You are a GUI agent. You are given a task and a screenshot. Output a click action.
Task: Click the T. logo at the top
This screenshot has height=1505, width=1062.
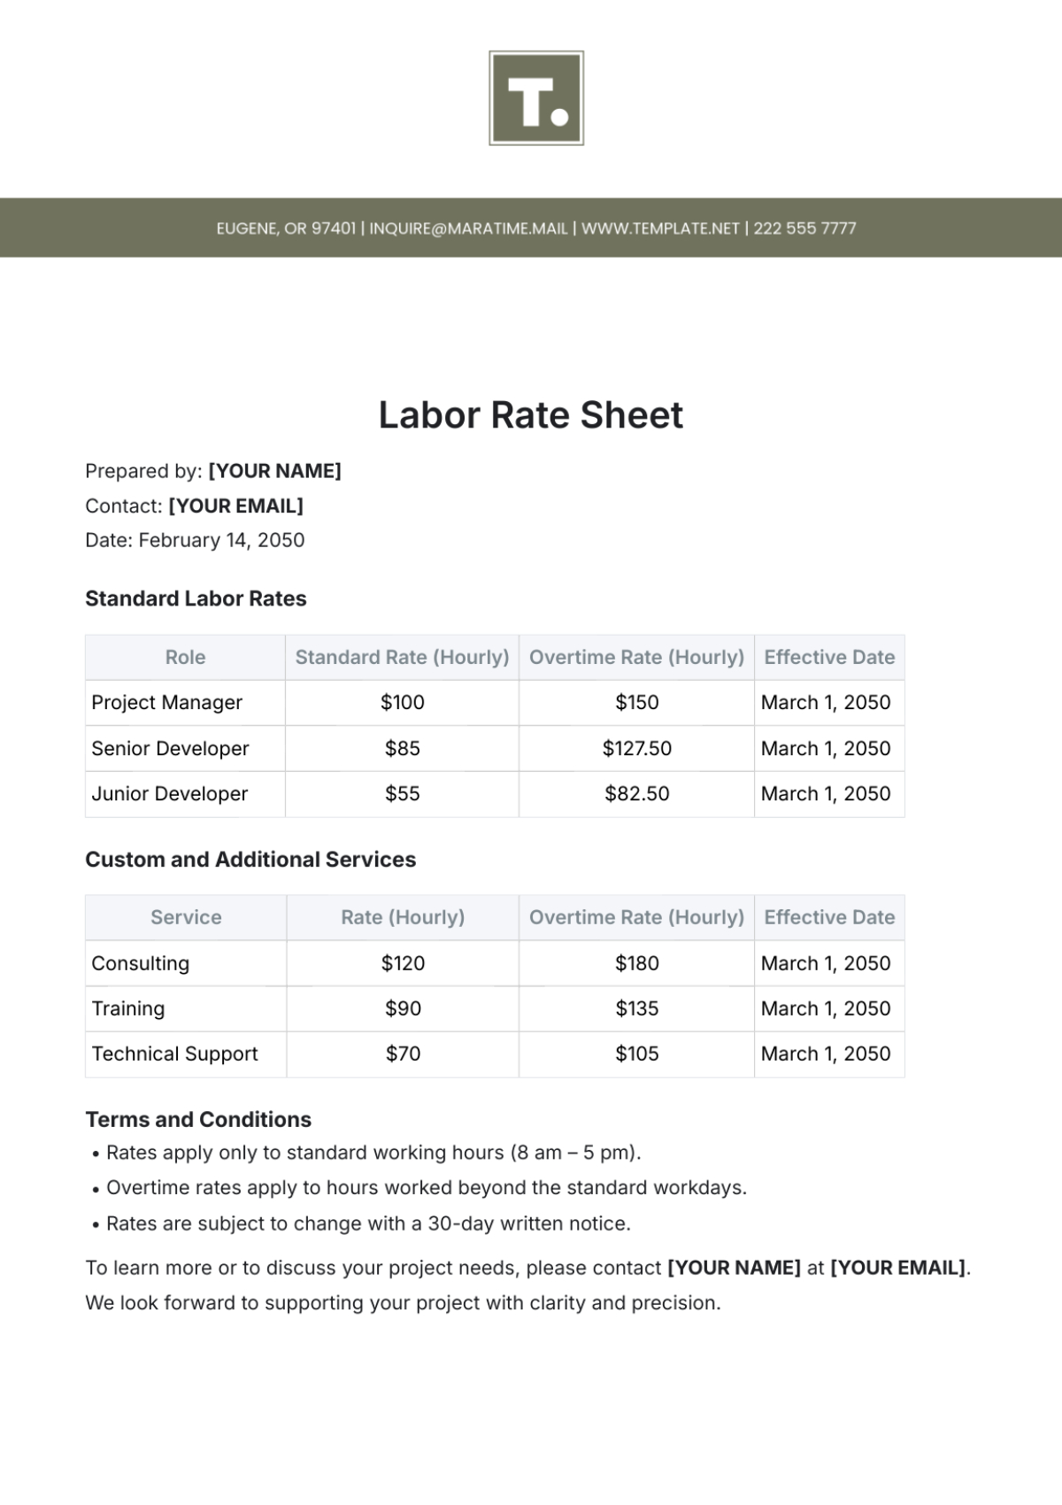(535, 98)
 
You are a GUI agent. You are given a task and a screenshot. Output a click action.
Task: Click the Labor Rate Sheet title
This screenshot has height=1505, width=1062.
(531, 415)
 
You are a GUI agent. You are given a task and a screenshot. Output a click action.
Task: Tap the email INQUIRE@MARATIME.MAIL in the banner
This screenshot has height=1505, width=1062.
(468, 228)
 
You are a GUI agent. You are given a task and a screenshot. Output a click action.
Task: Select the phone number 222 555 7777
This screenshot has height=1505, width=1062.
(804, 228)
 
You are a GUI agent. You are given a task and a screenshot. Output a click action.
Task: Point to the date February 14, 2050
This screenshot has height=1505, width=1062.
(221, 540)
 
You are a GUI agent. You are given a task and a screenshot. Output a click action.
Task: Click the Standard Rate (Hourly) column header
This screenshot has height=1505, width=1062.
(402, 657)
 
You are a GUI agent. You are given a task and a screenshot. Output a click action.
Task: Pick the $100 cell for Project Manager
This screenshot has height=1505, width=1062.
(402, 703)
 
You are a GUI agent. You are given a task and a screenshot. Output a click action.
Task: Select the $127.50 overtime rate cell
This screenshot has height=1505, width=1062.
(636, 748)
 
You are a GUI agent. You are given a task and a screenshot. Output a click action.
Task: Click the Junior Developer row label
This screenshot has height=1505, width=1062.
(170, 794)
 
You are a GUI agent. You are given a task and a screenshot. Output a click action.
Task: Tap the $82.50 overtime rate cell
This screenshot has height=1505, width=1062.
(636, 794)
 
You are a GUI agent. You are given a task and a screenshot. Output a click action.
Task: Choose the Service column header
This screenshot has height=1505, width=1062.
(186, 917)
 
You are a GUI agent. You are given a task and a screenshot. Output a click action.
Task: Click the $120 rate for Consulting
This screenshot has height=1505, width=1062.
(403, 963)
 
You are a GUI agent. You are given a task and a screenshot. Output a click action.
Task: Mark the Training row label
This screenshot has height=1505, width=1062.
(128, 1008)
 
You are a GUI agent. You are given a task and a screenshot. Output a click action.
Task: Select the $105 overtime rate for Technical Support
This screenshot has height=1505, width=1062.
(636, 1053)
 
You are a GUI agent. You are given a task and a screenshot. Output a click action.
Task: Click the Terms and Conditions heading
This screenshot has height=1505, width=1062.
(198, 1119)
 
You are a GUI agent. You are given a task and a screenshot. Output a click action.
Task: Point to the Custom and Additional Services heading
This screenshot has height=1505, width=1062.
(250, 860)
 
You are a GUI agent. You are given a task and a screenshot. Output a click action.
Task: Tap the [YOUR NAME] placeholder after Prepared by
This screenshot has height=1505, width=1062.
(274, 471)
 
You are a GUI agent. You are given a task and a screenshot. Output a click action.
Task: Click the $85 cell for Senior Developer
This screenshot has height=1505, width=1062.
(402, 748)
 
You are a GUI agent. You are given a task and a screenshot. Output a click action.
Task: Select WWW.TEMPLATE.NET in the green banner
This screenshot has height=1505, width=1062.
(660, 228)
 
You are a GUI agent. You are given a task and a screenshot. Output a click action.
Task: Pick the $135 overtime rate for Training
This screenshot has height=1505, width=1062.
(636, 1008)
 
